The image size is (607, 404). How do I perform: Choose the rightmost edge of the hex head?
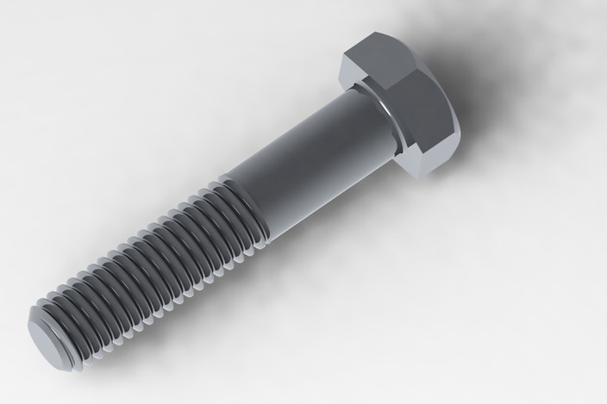(459, 129)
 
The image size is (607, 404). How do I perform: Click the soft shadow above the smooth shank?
(285, 103)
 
